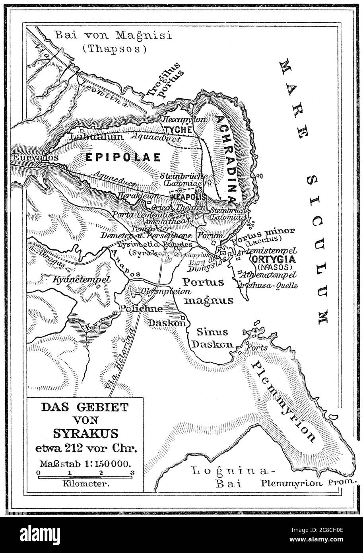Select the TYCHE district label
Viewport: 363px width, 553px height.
tap(179, 130)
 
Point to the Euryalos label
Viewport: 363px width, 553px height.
tap(35, 157)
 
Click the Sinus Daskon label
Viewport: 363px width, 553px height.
tap(214, 338)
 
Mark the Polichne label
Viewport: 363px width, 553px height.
tap(136, 308)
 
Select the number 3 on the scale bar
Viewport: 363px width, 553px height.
tap(132, 473)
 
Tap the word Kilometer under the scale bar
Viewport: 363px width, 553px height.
tap(86, 484)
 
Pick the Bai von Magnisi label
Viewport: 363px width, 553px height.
tap(113, 36)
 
